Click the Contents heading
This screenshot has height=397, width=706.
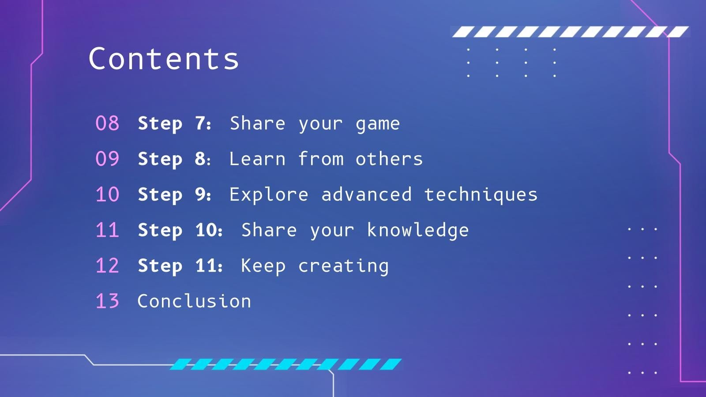click(x=164, y=59)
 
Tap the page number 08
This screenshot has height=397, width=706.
click(x=107, y=124)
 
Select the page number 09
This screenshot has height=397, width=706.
click(x=107, y=159)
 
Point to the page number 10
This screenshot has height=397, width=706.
click(x=107, y=195)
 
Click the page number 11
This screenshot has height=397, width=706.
click(x=107, y=230)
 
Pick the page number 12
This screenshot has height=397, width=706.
click(x=107, y=266)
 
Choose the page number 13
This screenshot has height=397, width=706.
click(x=107, y=301)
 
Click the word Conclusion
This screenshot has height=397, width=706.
click(x=194, y=301)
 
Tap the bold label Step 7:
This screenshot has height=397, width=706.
click(x=175, y=124)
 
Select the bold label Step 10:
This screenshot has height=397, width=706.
click(x=180, y=230)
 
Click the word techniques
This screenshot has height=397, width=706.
click(x=481, y=195)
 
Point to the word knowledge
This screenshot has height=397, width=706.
click(x=417, y=230)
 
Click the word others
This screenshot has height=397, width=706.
click(x=389, y=159)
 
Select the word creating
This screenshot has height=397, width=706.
click(x=343, y=266)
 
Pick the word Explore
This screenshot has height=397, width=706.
click(x=269, y=195)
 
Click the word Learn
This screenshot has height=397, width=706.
click(x=257, y=159)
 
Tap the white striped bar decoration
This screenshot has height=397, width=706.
click(x=570, y=32)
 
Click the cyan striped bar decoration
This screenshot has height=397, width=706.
click(x=286, y=364)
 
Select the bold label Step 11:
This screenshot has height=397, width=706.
click(x=180, y=266)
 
